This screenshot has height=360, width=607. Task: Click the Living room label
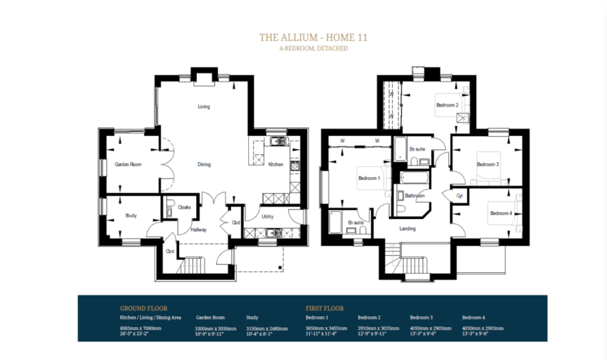coord(203,107)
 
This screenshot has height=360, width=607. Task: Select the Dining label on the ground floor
coord(204,164)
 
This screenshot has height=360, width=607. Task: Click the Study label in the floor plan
coord(130,215)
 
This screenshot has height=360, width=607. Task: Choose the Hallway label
coord(198,230)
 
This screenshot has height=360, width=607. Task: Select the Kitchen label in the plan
coord(276,164)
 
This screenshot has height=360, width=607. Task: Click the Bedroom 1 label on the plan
coord(369,177)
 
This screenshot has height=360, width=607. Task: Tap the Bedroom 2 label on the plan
coord(448,105)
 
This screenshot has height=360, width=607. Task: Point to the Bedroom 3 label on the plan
coord(488,164)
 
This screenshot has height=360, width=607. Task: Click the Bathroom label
coord(415,196)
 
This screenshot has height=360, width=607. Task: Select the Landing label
coord(407,228)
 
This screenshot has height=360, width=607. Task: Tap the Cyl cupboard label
coord(459,195)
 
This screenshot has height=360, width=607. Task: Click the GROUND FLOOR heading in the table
coord(143,308)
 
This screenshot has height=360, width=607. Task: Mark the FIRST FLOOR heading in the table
coord(324,308)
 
